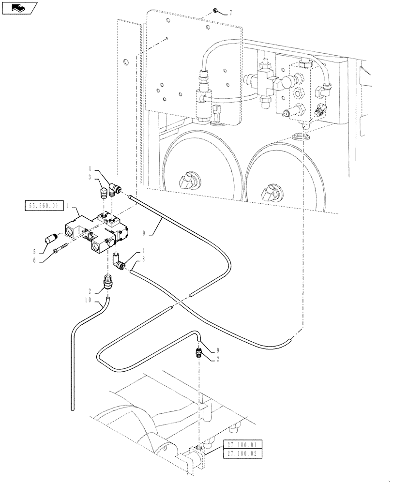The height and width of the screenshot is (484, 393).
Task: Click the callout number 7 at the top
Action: (x=230, y=13)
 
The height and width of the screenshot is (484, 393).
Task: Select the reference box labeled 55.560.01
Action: (x=42, y=206)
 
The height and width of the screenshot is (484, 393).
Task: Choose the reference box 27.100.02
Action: (x=242, y=454)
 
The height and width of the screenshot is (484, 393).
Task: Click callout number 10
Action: (x=88, y=300)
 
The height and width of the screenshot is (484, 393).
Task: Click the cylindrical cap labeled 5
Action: (x=51, y=239)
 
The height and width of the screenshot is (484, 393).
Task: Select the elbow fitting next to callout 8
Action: (x=118, y=261)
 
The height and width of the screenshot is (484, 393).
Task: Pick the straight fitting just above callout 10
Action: (x=108, y=282)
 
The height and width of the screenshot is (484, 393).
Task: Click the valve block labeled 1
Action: (x=97, y=231)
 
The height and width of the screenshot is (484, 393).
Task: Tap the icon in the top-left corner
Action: (x=20, y=8)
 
